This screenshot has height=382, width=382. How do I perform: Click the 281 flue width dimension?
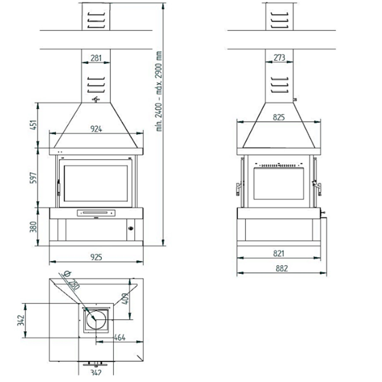(x=96, y=58)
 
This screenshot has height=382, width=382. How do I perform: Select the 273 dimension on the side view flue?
(x=279, y=58)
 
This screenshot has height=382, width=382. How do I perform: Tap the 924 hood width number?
(x=96, y=129)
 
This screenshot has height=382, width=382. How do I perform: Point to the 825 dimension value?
(x=279, y=117)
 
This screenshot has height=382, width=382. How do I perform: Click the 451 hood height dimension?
(x=33, y=125)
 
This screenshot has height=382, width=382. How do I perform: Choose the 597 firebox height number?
(x=33, y=178)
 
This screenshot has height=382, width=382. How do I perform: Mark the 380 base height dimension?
(x=33, y=227)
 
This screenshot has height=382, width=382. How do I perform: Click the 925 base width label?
(x=96, y=257)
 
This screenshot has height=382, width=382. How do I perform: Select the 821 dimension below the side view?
(x=279, y=253)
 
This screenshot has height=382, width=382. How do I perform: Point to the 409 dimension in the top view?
(x=125, y=298)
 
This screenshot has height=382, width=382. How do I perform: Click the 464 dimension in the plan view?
(x=119, y=337)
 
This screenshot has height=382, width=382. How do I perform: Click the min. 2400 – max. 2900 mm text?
(x=159, y=91)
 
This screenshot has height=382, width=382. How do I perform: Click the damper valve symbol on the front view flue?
(x=96, y=100)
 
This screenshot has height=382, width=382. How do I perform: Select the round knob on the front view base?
(x=131, y=228)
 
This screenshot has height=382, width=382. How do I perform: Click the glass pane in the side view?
(x=279, y=184)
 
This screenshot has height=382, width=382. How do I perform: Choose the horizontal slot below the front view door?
(x=96, y=213)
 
